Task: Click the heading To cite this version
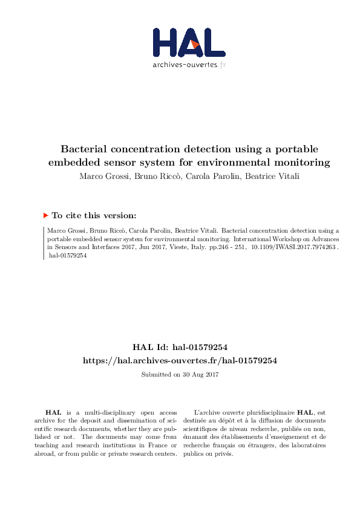pyautogui.click(x=94, y=215)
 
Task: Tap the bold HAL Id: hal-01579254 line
pyautogui.click(x=180, y=347)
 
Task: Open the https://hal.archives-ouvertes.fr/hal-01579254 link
pyautogui.click(x=180, y=360)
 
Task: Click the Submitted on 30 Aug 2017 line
pyautogui.click(x=180, y=374)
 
